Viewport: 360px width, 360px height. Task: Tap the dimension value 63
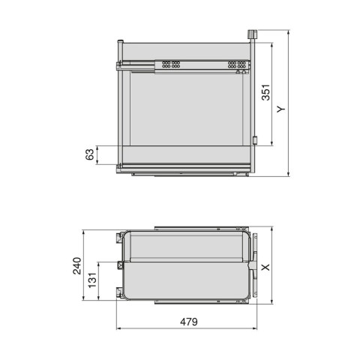point(89,155)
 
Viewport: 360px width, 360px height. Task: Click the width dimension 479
point(187,322)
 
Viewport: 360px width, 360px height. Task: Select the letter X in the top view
point(265,266)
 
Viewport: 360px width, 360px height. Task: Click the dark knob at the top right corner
point(250,35)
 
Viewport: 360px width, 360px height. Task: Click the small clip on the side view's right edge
point(255,140)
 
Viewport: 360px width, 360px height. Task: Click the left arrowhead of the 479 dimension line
point(120,327)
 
